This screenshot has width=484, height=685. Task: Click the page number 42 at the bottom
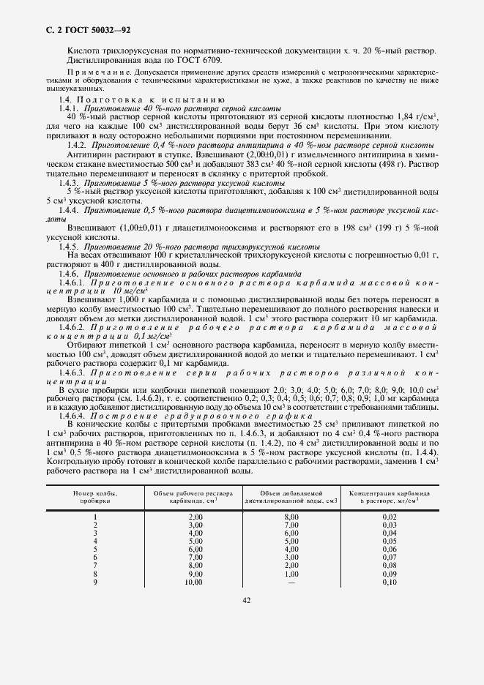[x=246, y=600]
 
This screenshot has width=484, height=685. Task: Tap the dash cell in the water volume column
[x=291, y=582]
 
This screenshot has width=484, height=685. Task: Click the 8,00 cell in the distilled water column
[x=291, y=517]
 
